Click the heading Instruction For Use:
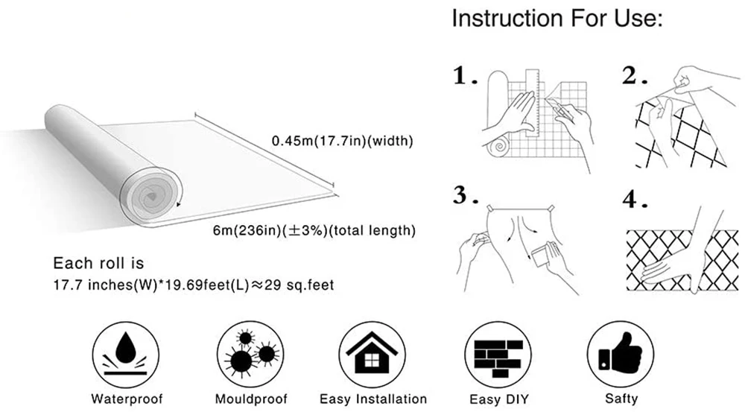coord(557,19)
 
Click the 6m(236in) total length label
coord(313,230)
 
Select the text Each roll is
coord(98,263)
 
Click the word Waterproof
coord(126,399)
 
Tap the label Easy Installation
coord(372,399)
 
